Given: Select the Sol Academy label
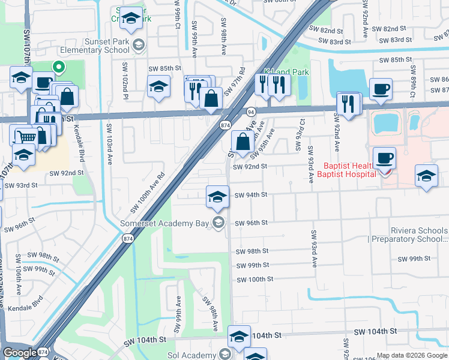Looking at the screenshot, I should coord(195,354).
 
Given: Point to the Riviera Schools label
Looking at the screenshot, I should coord(410,231).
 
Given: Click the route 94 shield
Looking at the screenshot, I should coord(251,111).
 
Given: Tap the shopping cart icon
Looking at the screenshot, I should coord(22,136).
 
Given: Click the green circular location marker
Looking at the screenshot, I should coord(58,67).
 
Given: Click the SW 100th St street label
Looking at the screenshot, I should coord(255,280).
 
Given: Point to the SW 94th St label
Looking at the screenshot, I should coord(250,195).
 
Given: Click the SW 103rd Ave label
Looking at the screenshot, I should coord(109,145).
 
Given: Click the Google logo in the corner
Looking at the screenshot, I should coord(20,353).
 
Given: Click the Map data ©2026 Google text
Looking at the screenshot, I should coord(411,355).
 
